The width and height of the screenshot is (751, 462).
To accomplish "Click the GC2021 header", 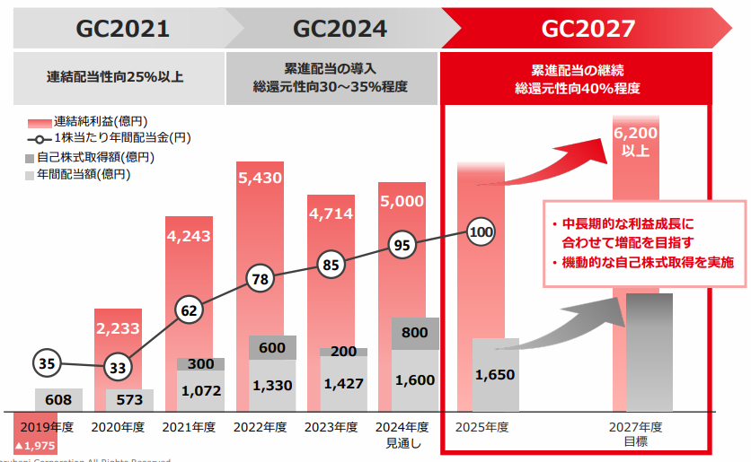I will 122,28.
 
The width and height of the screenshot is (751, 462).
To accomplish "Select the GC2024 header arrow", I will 340,28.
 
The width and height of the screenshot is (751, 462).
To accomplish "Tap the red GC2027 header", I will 588,28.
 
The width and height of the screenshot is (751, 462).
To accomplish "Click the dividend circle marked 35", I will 49,363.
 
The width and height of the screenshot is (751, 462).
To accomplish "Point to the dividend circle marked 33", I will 118,368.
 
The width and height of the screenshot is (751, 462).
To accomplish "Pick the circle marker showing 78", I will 261,280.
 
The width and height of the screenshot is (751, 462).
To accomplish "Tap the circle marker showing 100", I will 482,232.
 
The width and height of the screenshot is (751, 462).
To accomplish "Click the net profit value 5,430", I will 260,178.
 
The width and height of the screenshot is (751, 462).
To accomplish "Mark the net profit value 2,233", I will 118,329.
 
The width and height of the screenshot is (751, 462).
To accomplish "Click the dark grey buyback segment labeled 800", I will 414,333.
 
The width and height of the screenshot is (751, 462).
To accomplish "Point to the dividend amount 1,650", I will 494,376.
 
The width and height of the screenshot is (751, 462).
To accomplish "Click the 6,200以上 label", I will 636,141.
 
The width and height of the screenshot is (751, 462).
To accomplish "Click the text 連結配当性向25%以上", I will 115,77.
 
